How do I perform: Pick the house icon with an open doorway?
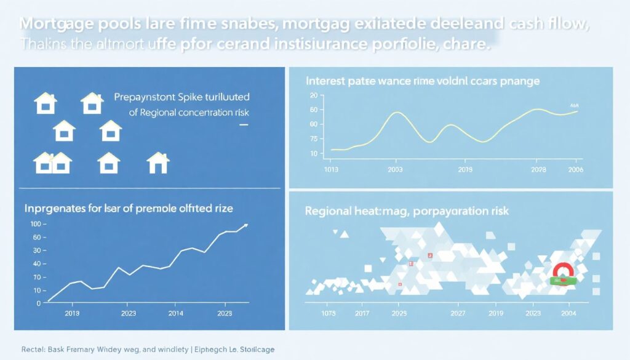158,162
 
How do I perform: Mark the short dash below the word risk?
242,124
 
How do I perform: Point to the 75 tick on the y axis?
314,139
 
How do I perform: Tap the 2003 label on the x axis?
395,169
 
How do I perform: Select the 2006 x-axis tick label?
575,169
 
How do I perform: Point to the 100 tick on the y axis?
35,223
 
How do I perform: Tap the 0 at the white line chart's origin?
38,303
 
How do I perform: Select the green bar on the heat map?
563,281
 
